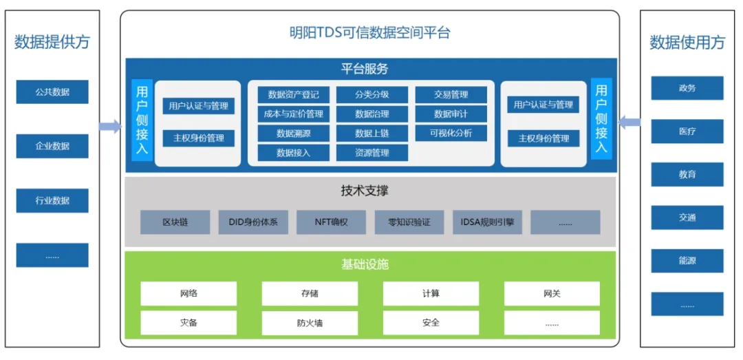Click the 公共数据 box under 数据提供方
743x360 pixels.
point(52,92)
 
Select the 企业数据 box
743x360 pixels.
point(52,146)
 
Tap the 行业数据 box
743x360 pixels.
point(52,200)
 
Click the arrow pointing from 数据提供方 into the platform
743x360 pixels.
point(110,126)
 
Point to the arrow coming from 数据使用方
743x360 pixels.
point(629,123)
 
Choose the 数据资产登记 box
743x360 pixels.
point(294,94)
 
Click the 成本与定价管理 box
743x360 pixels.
point(294,114)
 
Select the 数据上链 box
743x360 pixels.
point(372,133)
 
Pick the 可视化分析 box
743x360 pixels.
point(451,133)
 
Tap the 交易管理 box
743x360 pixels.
point(451,94)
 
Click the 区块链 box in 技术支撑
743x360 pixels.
point(175,222)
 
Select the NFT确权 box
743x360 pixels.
point(331,222)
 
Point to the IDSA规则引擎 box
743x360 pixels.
point(487,222)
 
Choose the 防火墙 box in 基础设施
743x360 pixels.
point(310,323)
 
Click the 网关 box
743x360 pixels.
point(552,293)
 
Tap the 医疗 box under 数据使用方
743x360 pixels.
point(687,131)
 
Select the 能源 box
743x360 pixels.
point(687,261)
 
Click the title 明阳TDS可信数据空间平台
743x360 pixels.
point(369,32)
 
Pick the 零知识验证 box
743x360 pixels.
point(409,222)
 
